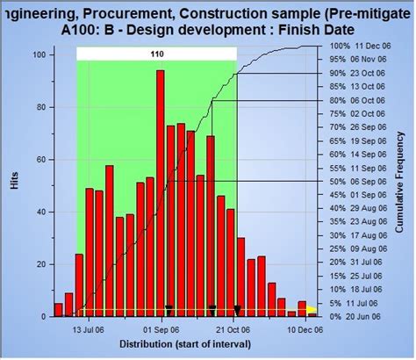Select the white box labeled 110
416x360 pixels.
click(x=156, y=54)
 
